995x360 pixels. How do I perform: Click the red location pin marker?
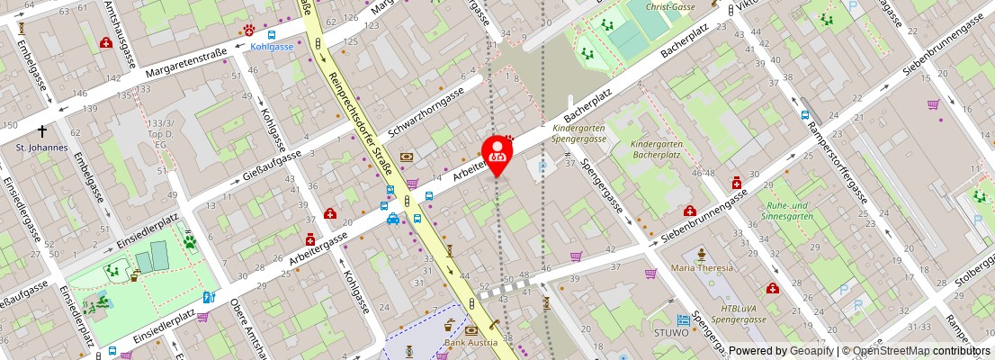497,153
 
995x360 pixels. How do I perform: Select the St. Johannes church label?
41,148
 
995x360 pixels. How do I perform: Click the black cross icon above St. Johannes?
41,130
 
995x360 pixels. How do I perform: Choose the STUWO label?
670,333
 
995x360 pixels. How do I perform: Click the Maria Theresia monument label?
703,268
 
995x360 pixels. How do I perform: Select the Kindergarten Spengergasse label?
578,134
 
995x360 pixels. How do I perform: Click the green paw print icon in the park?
191,241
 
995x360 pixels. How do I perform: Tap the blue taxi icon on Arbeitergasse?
393,218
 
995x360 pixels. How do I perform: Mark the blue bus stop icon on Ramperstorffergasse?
806,116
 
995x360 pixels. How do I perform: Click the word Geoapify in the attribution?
810,351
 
